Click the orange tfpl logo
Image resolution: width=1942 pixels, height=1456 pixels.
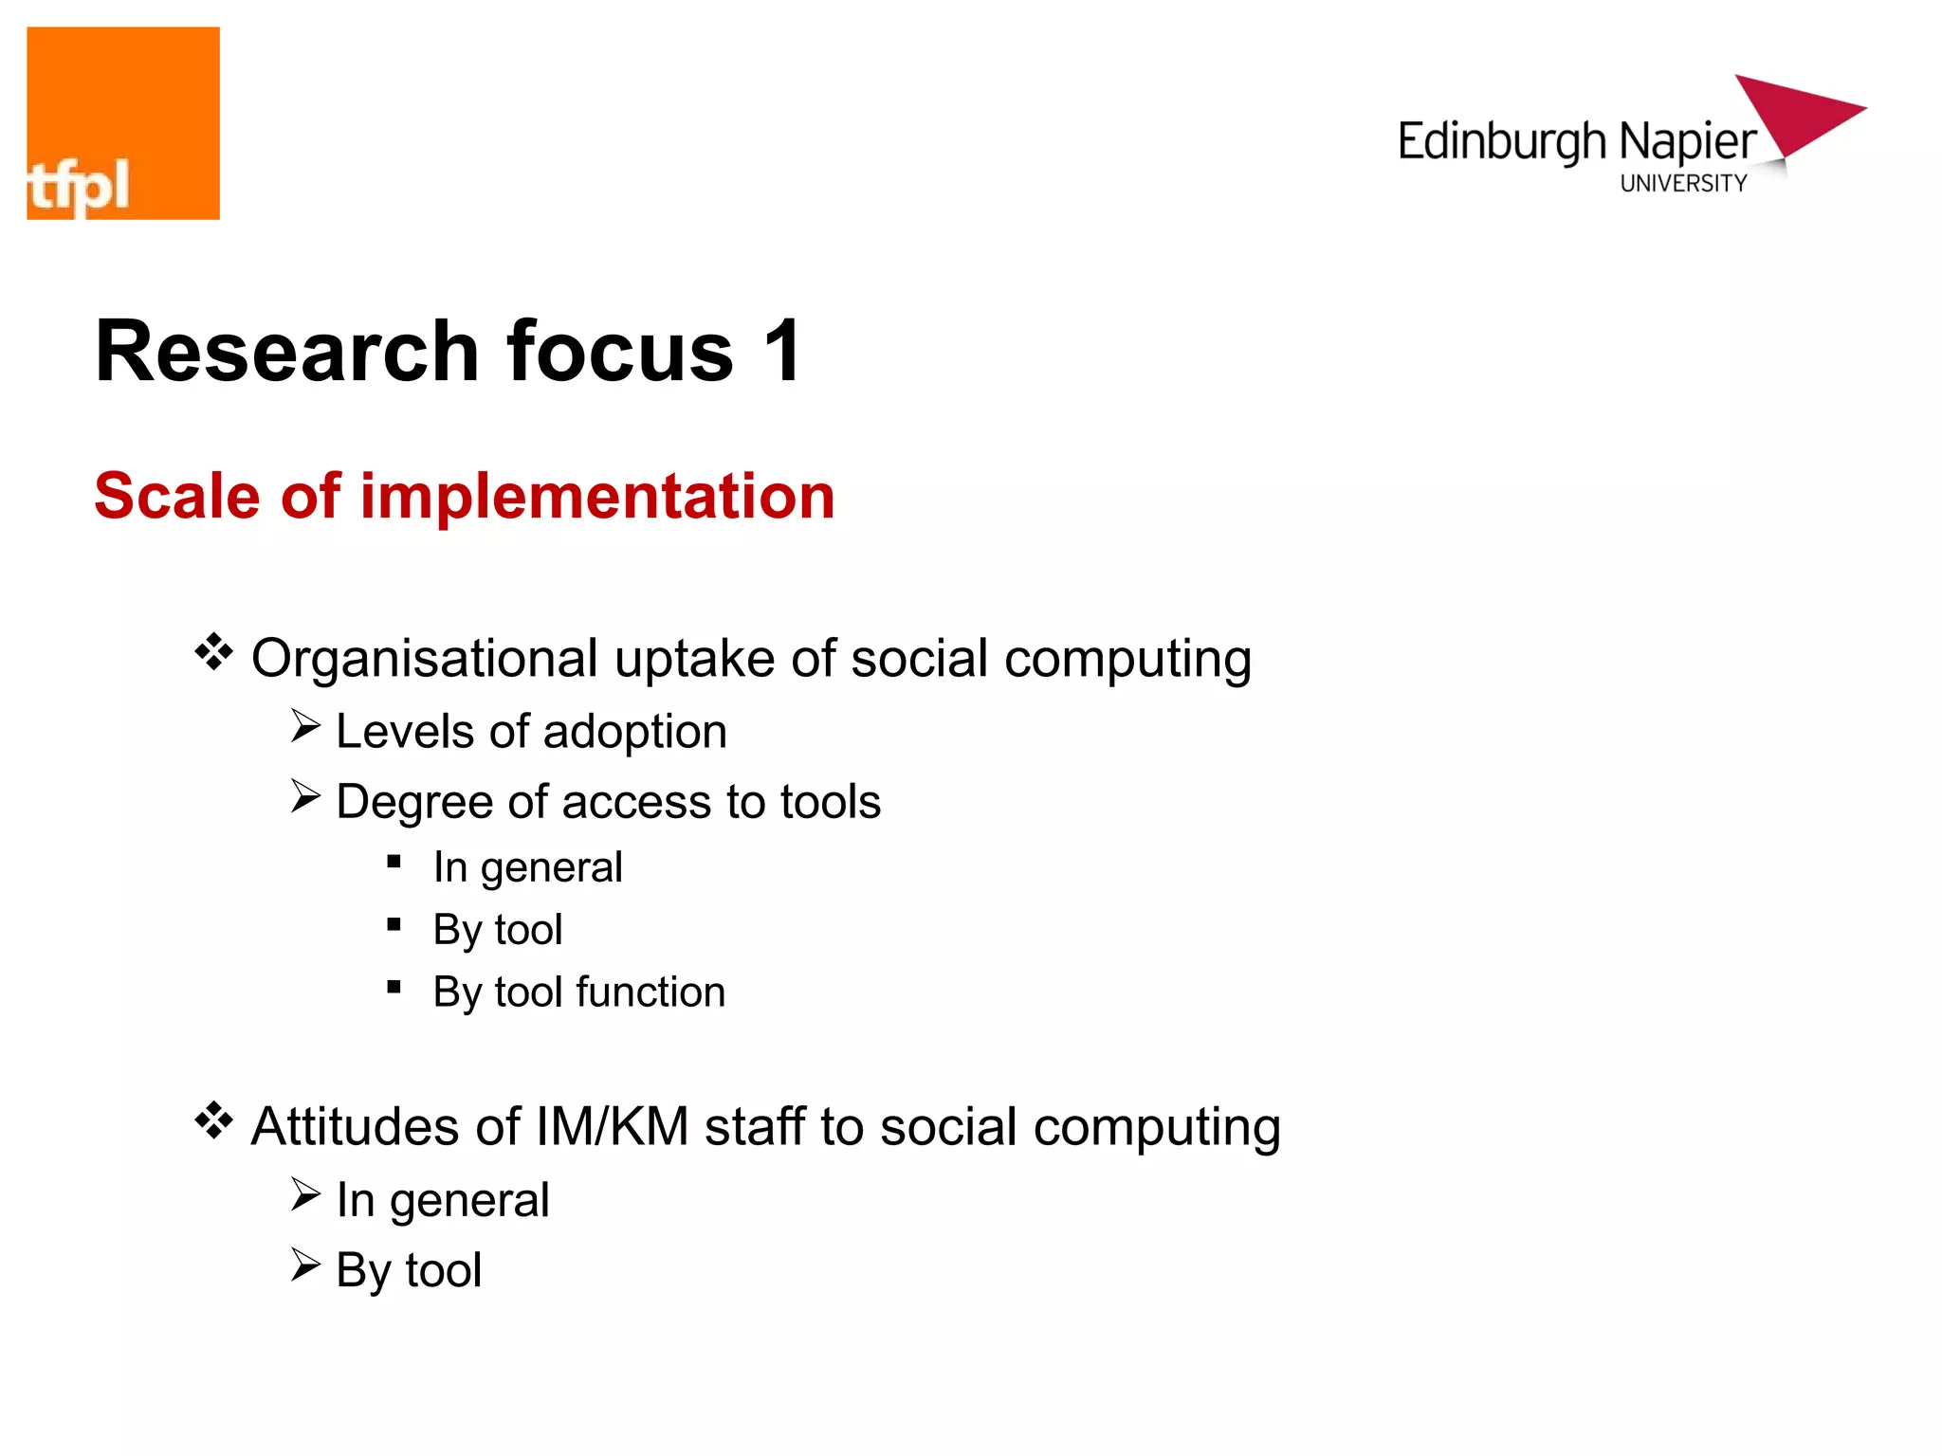click(x=123, y=123)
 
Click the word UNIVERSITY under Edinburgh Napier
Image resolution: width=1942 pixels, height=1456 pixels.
click(x=1683, y=184)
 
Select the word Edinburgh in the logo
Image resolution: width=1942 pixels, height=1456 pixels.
click(x=1502, y=143)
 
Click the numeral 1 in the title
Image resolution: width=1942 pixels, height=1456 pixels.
click(x=783, y=351)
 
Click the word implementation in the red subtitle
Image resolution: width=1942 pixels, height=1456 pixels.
click(x=597, y=497)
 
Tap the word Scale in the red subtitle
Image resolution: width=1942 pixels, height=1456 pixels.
click(x=177, y=497)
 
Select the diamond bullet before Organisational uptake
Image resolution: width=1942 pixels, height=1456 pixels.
click(x=214, y=652)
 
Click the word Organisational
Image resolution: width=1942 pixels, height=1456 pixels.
click(x=425, y=659)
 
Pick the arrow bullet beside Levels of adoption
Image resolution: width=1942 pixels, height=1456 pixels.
click(x=305, y=727)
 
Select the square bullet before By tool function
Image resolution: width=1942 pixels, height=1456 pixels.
click(x=394, y=988)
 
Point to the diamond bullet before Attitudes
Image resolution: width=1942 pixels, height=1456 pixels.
click(x=214, y=1120)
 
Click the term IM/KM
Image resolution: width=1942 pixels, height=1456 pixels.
click(x=612, y=1127)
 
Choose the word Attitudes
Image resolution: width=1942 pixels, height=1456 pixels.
click(x=355, y=1127)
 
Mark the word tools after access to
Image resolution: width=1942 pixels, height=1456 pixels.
click(x=831, y=802)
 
